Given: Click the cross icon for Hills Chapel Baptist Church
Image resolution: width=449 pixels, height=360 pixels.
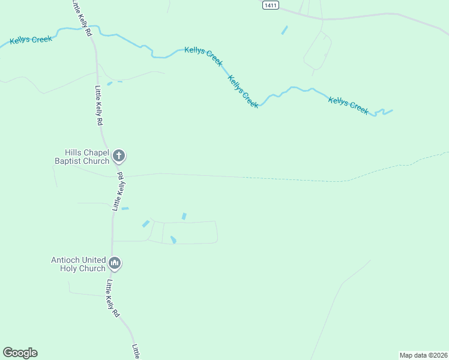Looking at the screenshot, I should pos(119,156).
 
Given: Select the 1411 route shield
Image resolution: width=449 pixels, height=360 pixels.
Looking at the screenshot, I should pos(271,4).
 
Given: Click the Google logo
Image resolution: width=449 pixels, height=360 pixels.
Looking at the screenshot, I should pos(20,353).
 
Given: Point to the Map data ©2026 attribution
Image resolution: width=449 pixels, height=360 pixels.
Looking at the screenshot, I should pos(424,355).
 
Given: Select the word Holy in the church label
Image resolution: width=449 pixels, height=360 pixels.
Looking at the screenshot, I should pos(69,268).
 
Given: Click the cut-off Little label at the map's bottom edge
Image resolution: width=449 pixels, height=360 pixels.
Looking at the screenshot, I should pos(136,352).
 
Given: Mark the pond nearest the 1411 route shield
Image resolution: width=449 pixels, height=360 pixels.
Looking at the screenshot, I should pos(284,30).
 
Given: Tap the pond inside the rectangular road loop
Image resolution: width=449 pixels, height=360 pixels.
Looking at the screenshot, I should pos(173,240).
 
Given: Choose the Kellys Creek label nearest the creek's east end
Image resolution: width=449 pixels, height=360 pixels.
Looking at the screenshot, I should pos(348,104).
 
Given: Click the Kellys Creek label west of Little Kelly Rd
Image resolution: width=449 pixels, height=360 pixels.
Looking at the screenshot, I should pos(31,40).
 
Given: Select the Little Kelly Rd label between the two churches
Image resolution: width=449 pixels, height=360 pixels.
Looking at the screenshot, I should pos(117,191).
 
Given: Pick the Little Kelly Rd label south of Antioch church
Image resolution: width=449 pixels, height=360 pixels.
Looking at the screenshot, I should pos(113,298).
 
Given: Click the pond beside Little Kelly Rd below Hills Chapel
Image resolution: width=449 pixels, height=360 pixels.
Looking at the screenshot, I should pos(125,209).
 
